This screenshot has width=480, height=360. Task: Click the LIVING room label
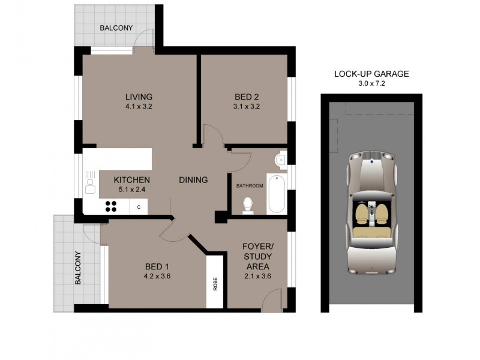pyautogui.click(x=139, y=97)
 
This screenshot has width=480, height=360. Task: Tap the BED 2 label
pyautogui.click(x=247, y=97)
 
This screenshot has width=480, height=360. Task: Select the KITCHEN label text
pyautogui.click(x=132, y=179)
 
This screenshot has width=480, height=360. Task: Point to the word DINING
pyautogui.click(x=193, y=179)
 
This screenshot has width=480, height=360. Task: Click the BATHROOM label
pyautogui.click(x=250, y=186)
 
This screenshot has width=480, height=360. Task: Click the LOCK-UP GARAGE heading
pyautogui.click(x=371, y=74)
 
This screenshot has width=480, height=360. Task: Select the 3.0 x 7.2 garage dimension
pyautogui.click(x=371, y=83)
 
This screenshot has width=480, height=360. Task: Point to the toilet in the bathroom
pyautogui.click(x=247, y=205)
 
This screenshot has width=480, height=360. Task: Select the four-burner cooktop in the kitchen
pyautogui.click(x=111, y=206)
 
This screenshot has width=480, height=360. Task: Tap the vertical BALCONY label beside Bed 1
pyautogui.click(x=77, y=268)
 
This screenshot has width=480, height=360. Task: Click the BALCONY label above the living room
pyautogui.click(x=116, y=28)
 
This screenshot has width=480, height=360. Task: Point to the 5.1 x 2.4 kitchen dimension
pyautogui.click(x=132, y=189)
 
